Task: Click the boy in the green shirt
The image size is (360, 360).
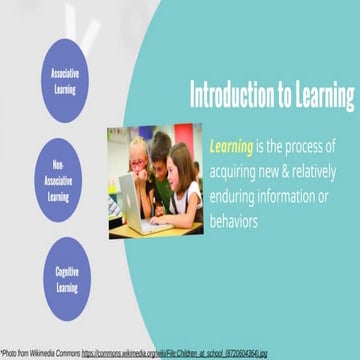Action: click(x=160, y=165)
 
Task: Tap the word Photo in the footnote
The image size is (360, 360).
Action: click(x=12, y=353)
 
